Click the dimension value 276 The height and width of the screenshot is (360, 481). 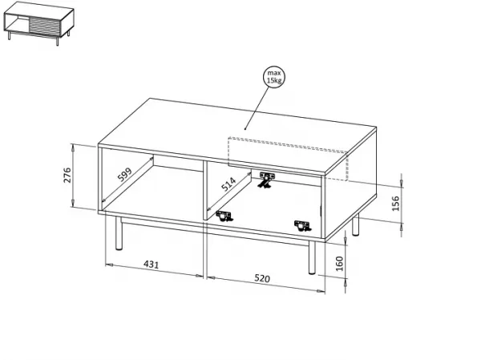(x=67, y=176)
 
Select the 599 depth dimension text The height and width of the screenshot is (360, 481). (x=124, y=174)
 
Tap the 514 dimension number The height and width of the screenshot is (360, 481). (x=228, y=184)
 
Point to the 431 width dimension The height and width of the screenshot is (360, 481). (x=152, y=265)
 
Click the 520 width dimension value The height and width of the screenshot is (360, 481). (x=262, y=278)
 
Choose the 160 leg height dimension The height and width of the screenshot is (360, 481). (x=340, y=264)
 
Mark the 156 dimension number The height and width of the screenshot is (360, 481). (x=396, y=203)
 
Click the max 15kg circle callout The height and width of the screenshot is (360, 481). (x=274, y=77)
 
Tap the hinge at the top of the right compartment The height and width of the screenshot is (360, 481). (x=266, y=180)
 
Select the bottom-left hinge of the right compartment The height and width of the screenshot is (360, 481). (x=224, y=216)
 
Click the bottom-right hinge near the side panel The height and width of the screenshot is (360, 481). (x=303, y=225)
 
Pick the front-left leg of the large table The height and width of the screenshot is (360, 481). (x=119, y=233)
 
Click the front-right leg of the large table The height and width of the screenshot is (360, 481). (x=312, y=257)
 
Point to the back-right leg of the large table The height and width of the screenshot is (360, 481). (x=355, y=224)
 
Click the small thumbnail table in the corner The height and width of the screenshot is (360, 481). (x=38, y=23)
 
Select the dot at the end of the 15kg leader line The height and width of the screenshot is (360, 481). (x=245, y=129)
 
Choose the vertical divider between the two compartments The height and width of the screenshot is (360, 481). (x=205, y=190)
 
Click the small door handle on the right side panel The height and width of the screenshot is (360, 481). (x=320, y=211)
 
